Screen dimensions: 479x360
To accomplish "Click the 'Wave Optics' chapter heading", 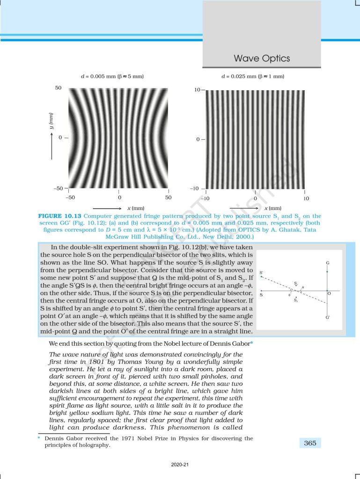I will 262,58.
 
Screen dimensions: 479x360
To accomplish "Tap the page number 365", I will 309,443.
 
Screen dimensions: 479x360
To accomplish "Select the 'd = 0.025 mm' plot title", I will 253,76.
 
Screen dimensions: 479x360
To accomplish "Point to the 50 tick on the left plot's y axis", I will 59,88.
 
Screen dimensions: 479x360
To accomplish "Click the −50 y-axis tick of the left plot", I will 58,189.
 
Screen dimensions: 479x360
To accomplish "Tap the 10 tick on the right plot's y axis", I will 197,89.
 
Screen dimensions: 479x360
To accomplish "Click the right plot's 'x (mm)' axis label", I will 273,208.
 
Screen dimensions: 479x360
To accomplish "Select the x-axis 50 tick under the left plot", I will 168,198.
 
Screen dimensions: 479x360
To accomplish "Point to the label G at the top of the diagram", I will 328,263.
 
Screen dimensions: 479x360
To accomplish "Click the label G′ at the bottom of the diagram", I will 328,318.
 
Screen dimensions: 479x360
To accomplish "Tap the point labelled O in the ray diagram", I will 330,293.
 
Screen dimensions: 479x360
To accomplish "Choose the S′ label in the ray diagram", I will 261,272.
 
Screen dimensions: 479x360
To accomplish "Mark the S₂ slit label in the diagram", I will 296,300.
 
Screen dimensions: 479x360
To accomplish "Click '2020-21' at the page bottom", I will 180,465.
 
